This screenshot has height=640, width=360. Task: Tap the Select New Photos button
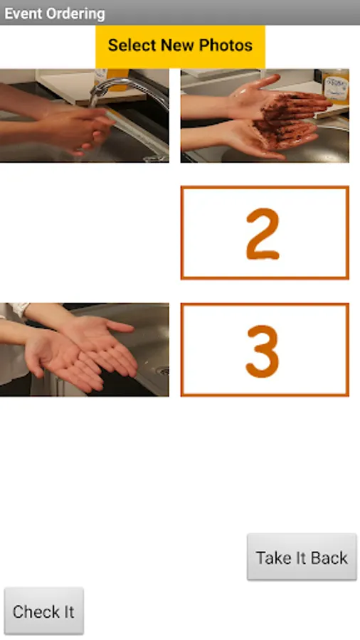(x=180, y=46)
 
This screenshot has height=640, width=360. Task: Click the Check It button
(x=43, y=611)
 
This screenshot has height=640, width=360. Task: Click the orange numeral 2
(x=263, y=234)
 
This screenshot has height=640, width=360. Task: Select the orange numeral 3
(x=263, y=351)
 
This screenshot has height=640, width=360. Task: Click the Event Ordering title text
(x=55, y=14)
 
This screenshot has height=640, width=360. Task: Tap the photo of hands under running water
(x=84, y=115)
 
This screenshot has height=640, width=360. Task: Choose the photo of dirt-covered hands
(x=265, y=115)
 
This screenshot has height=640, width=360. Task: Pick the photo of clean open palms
(x=84, y=349)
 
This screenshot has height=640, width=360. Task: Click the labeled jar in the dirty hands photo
(x=336, y=87)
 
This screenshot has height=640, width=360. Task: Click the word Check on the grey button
(x=31, y=612)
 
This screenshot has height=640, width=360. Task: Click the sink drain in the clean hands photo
(x=164, y=370)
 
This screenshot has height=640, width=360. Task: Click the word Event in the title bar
(x=23, y=14)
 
